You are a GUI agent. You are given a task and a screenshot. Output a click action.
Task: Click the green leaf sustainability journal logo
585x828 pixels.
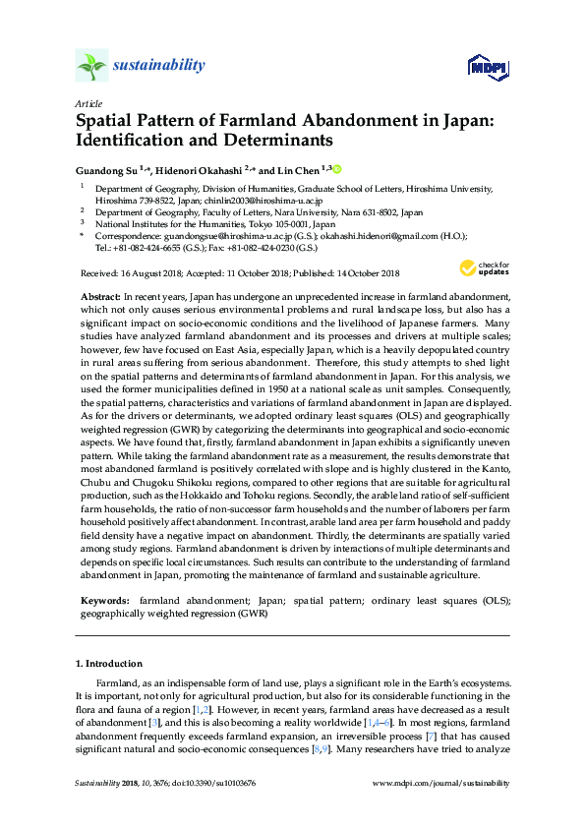(92, 65)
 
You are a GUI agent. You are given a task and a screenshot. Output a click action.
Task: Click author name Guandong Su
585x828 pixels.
(106, 169)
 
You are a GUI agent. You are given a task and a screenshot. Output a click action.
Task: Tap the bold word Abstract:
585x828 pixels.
(99, 296)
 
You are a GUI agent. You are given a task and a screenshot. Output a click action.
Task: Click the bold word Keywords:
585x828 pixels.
(102, 599)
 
